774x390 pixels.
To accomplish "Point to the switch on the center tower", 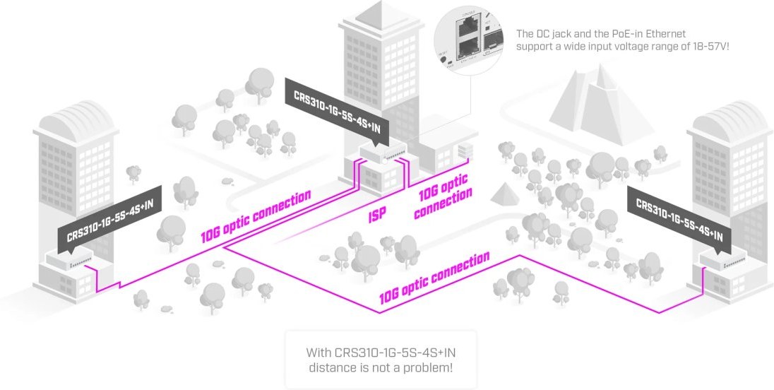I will (382, 153).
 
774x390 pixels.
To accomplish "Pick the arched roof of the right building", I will (728, 117).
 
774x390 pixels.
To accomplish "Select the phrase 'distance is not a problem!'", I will (381, 367).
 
